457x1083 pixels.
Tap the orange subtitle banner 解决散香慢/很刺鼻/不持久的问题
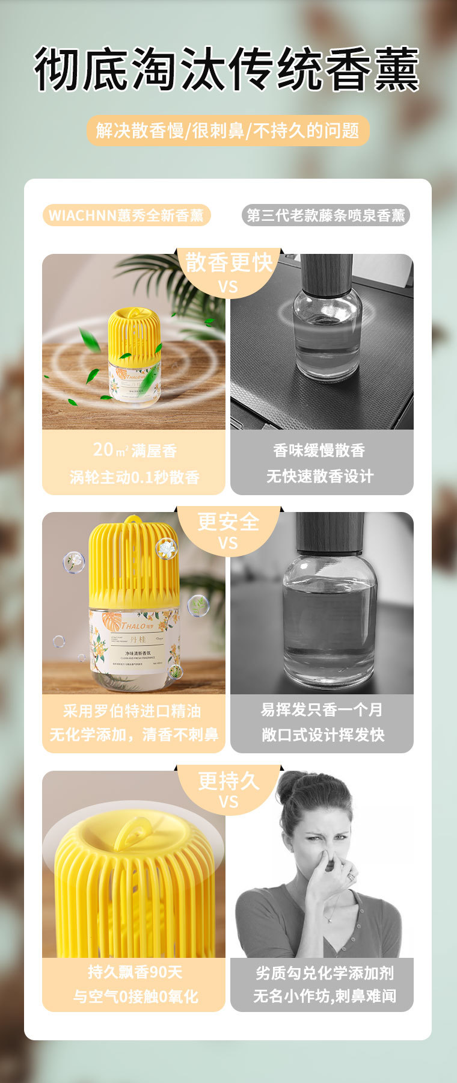(x=227, y=131)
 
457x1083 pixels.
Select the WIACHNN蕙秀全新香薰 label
(x=126, y=215)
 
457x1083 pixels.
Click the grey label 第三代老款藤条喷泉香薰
(x=326, y=215)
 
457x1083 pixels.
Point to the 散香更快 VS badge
(x=228, y=271)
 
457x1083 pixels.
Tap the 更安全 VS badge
(x=228, y=528)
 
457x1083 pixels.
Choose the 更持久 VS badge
(x=228, y=788)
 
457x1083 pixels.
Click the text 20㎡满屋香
(x=135, y=450)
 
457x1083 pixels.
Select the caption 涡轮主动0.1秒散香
(x=135, y=477)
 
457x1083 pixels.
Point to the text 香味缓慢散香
(x=319, y=450)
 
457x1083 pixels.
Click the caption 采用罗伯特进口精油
(x=132, y=711)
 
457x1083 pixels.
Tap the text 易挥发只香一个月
(x=322, y=710)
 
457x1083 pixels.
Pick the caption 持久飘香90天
(x=135, y=972)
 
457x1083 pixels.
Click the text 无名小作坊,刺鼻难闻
(x=324, y=996)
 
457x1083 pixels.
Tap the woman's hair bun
(x=293, y=785)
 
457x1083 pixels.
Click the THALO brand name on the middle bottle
(x=133, y=626)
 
